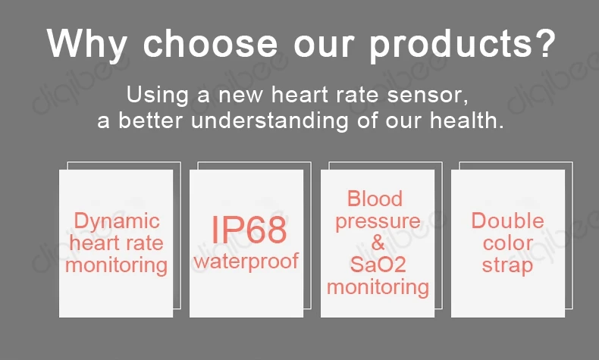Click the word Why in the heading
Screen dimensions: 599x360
[x=86, y=44]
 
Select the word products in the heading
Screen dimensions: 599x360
[x=450, y=44]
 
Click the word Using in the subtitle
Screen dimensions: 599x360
[x=158, y=95]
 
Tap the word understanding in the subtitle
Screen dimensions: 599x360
[x=270, y=121]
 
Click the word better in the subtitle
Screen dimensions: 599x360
[x=150, y=121]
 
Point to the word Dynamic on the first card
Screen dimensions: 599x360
[x=117, y=222]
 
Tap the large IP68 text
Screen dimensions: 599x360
[x=249, y=230]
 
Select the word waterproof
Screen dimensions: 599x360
[x=246, y=262]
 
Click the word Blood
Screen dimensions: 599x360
[x=375, y=199]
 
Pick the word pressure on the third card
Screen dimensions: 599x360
[x=378, y=222]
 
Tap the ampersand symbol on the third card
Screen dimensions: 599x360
[x=378, y=243]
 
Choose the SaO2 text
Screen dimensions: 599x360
[x=378, y=265]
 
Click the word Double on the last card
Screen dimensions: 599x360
[x=507, y=221]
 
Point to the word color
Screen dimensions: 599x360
[x=508, y=243]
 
